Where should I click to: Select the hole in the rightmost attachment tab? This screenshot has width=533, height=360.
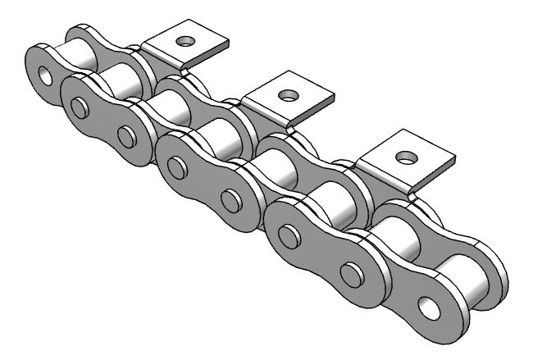[x=403, y=154]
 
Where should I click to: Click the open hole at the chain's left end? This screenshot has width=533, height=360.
[x=43, y=75]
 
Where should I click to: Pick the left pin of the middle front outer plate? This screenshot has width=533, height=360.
[x=175, y=170]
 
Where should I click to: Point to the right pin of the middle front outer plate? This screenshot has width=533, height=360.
[x=229, y=200]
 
